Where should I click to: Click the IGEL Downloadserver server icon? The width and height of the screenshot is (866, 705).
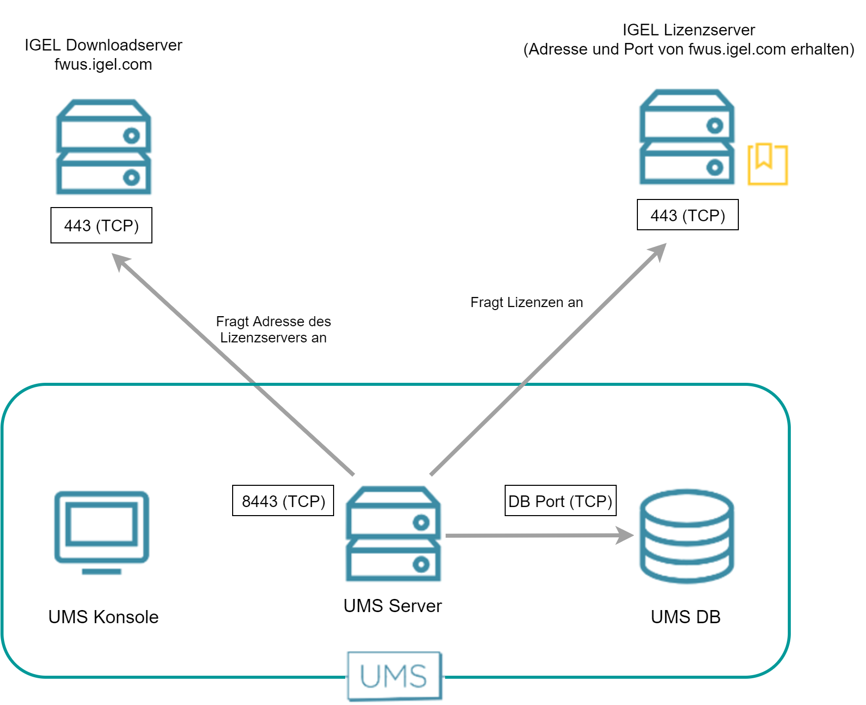click(103, 147)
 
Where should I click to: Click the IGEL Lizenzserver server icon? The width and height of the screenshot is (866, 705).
click(687, 137)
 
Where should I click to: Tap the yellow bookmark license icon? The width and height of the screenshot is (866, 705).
click(767, 164)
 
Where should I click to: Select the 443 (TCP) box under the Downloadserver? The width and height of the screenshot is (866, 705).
click(101, 225)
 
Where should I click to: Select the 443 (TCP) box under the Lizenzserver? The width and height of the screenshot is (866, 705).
click(687, 215)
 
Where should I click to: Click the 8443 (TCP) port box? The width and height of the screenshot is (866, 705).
click(283, 501)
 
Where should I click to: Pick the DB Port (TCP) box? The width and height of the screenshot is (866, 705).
click(560, 501)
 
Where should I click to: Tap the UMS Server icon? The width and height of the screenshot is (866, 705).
click(393, 534)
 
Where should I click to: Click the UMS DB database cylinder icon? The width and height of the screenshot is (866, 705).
click(687, 536)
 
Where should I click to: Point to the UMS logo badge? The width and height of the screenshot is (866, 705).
click(394, 676)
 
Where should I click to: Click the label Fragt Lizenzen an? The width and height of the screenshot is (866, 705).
click(526, 302)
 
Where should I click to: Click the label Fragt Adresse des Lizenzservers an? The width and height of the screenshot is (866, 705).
click(273, 329)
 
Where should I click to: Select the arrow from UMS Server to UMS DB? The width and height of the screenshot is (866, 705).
click(535, 535)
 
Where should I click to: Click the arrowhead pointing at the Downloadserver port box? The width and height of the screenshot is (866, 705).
click(120, 262)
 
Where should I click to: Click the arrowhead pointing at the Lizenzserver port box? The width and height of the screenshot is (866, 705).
click(659, 250)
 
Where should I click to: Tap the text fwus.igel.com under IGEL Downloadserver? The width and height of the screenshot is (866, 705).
click(103, 65)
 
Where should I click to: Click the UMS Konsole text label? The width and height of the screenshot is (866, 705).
click(103, 617)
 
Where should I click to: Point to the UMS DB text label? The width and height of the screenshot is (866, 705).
click(685, 617)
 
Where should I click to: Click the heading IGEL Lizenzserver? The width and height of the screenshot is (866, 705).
click(688, 30)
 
